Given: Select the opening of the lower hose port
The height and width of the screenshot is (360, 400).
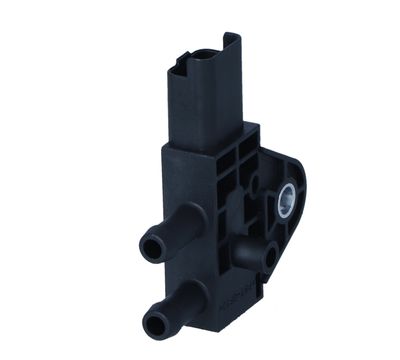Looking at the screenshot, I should click(x=154, y=321).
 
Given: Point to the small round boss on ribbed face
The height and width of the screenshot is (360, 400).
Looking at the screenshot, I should click(x=256, y=184).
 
